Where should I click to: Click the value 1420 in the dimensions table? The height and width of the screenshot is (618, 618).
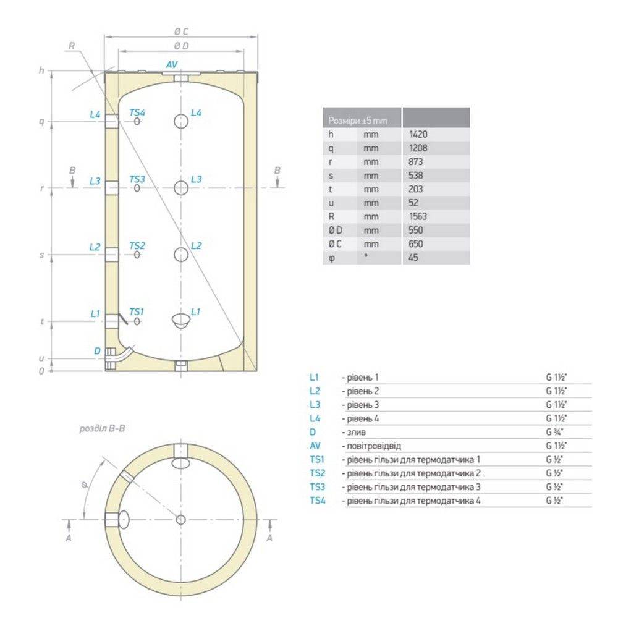418,134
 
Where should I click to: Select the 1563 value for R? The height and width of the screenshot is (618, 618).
418,216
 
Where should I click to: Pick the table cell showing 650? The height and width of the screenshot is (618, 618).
416,244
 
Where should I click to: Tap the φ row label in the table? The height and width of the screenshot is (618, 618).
331,258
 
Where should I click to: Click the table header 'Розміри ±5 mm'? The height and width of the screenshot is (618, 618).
358,121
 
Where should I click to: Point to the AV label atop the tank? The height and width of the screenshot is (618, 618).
172,65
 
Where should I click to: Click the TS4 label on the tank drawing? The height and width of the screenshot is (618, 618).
137,112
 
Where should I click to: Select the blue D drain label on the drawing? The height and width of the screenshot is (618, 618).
98,351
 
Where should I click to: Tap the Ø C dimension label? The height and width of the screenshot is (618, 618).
181,32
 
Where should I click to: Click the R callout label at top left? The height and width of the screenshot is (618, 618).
71,46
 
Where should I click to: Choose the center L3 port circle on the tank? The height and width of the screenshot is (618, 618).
181,188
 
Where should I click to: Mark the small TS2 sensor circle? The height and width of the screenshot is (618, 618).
137,255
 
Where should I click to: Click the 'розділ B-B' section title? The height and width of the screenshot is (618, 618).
102,428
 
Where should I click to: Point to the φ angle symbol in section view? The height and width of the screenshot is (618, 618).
85,485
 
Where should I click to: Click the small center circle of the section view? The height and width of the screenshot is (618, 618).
181,520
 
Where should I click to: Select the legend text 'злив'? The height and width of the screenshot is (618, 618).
357,433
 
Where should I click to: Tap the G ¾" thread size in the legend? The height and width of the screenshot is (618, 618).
554,432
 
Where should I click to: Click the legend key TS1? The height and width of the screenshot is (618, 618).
317,460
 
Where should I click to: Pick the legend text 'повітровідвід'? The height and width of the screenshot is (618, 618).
374,446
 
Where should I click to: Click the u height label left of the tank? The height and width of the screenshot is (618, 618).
41,358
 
